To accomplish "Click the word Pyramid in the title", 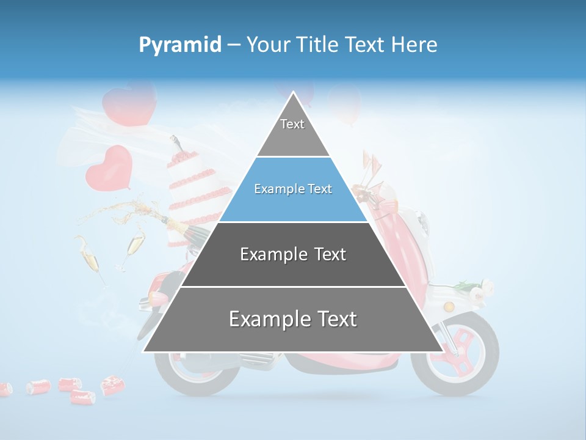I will [179, 45].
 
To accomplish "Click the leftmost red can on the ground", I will [5, 389].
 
